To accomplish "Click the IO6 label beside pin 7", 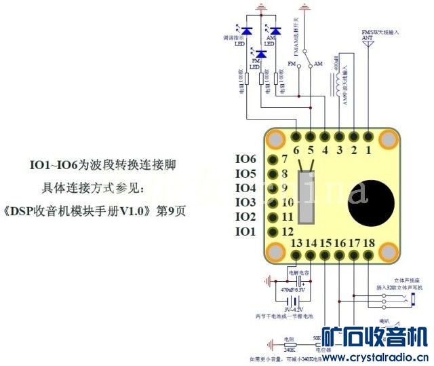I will click(x=245, y=159).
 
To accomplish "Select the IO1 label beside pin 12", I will click(x=245, y=232).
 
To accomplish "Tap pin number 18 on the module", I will click(x=369, y=243).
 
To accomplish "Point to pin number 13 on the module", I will click(x=296, y=243).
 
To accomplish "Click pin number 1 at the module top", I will click(x=368, y=150).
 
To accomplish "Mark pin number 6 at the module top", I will click(x=296, y=150).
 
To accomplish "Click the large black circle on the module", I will click(x=368, y=193).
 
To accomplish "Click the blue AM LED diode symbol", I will click(x=275, y=31).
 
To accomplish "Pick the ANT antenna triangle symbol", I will click(x=367, y=41).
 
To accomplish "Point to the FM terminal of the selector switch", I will click(x=292, y=64).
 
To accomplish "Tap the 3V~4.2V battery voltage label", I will click(x=294, y=309).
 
